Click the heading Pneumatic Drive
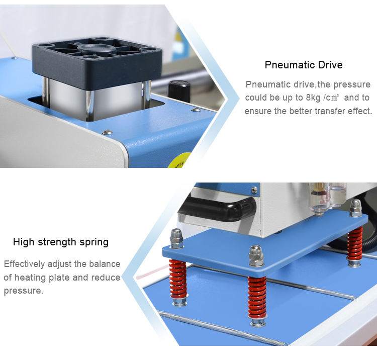coord(304,65)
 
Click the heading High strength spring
coord(61,242)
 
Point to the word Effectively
coord(24,264)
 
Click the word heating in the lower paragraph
coord(30,278)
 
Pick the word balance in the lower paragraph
coord(105,264)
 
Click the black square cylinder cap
coord(97,62)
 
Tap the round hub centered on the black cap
coord(97,49)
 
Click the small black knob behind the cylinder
coord(179,92)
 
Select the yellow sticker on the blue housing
coord(179,160)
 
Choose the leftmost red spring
coord(178,279)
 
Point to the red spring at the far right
coord(355,243)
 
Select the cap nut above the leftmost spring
coord(176,238)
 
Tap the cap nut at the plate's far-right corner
coord(355,208)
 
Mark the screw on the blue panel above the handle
coord(254,190)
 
